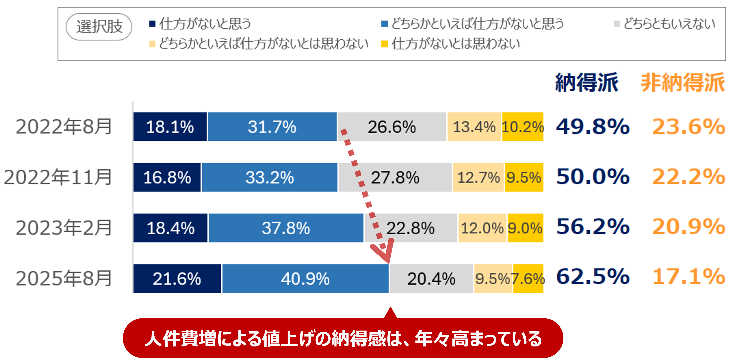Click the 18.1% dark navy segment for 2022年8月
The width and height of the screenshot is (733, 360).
170,127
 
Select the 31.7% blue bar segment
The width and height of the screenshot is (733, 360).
272,127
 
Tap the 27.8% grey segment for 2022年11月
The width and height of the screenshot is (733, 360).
395,177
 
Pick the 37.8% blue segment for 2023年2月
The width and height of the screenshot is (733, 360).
286,228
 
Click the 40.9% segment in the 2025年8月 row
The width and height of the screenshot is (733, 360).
305,279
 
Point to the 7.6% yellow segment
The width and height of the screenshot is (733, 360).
528,279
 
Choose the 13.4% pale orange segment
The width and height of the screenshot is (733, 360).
474,127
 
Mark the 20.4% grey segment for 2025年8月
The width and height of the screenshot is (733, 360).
431,279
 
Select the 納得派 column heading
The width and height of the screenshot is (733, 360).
587,83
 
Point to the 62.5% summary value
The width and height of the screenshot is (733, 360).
593,277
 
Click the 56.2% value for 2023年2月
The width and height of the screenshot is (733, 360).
593,227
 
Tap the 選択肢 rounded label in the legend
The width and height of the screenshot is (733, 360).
99,27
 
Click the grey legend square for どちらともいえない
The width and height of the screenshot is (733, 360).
617,24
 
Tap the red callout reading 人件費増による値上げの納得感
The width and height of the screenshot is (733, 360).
343,338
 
